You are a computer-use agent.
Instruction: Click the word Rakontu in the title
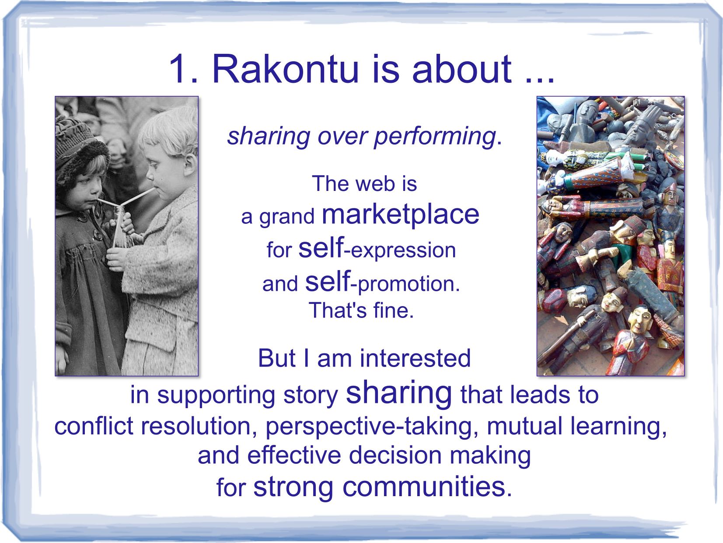coord(285,69)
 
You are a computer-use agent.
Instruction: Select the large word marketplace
coord(400,215)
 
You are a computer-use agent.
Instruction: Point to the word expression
coord(403,250)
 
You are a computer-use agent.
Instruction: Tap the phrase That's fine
coord(361,310)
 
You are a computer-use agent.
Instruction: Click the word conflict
coord(94,426)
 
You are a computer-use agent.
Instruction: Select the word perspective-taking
coord(372,427)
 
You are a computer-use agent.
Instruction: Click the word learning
coord(618,427)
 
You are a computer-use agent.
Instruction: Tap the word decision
coord(395,455)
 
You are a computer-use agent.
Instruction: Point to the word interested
coord(415,358)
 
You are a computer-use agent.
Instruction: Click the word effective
coord(294,455)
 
